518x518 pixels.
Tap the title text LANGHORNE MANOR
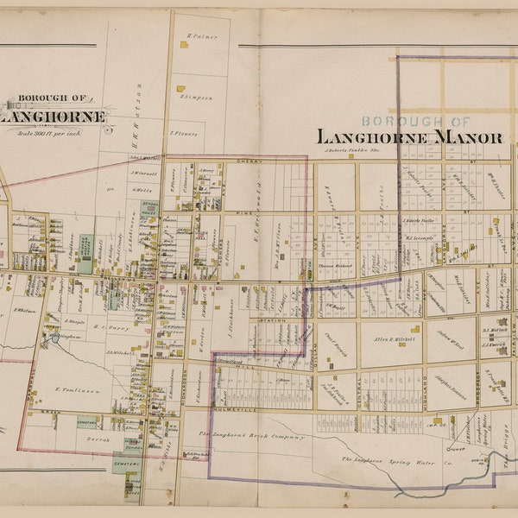[409, 136]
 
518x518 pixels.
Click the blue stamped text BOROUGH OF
[416, 122]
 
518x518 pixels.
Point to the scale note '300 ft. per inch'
[54, 129]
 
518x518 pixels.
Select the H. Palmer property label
[201, 36]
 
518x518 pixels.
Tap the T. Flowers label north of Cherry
[184, 133]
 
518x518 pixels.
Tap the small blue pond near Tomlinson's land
[53, 339]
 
